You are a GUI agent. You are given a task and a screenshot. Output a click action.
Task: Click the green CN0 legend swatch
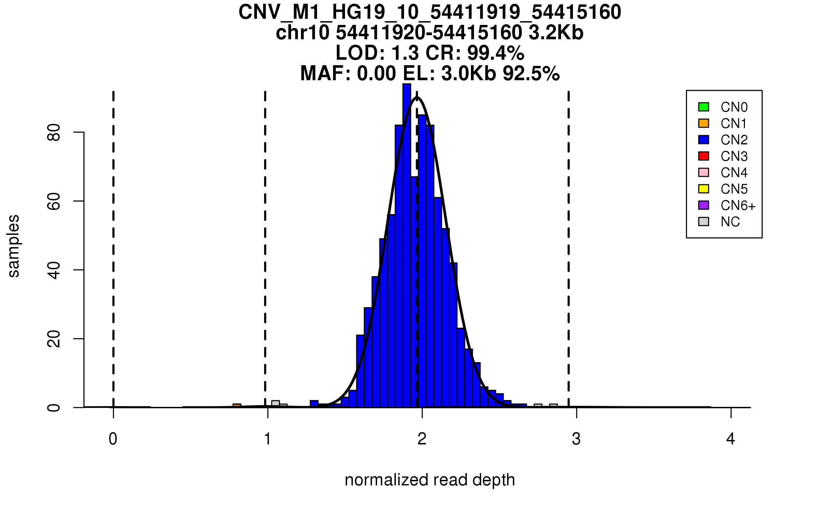(704, 107)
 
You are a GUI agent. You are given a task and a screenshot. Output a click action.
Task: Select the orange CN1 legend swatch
(704, 123)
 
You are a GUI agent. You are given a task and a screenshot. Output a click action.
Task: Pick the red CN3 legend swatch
(704, 156)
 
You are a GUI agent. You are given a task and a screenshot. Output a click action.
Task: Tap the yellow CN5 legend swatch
(704, 189)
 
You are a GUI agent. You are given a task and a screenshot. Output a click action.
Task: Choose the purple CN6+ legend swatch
(704, 205)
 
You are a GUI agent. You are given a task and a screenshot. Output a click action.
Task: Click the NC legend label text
(730, 222)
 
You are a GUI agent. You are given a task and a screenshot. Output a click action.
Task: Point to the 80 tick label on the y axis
(54, 132)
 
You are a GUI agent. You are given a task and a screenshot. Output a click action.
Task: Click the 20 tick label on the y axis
(54, 339)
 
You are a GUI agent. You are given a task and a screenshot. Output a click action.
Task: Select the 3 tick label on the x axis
(576, 439)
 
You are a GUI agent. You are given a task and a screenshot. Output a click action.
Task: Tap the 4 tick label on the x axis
(731, 439)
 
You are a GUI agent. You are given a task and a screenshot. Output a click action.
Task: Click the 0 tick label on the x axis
(113, 439)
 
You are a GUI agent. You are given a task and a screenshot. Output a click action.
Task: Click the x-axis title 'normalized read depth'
(430, 480)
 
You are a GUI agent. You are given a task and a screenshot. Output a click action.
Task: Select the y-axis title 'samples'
(14, 246)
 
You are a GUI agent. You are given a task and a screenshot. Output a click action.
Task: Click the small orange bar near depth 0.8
(237, 406)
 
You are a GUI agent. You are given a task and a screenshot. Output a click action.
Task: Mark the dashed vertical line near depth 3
(569, 249)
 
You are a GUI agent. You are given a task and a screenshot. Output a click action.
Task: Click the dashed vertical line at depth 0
(113, 249)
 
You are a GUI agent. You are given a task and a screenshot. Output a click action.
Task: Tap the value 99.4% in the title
(495, 53)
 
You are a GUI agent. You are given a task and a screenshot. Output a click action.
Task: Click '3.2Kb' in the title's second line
(556, 33)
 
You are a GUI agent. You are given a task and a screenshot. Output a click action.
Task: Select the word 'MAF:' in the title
(326, 73)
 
